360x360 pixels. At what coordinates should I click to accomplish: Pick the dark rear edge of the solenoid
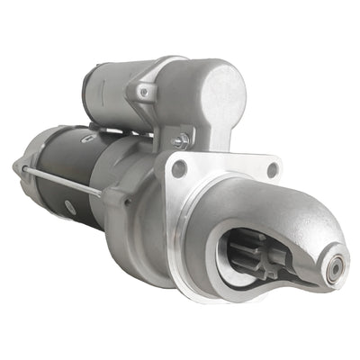[x=88, y=90]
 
